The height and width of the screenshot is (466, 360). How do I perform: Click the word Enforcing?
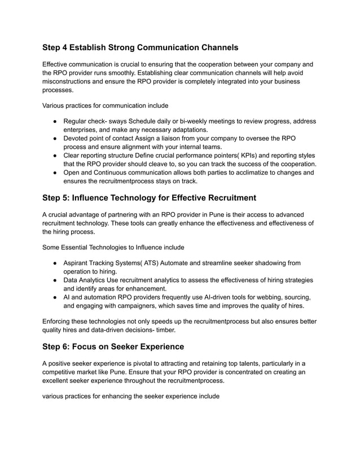59,321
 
